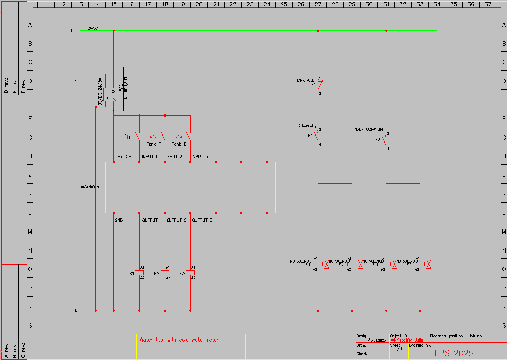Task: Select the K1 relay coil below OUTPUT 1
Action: (140, 273)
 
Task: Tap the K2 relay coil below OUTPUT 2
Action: (165, 273)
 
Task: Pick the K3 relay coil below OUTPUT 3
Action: (190, 273)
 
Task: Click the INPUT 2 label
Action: (174, 157)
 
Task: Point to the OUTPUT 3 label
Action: (202, 220)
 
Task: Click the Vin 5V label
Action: (124, 157)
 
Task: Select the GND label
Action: (118, 220)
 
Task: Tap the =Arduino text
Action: (90, 187)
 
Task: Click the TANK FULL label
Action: (305, 80)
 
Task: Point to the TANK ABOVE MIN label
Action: (369, 130)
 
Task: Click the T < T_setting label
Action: (305, 126)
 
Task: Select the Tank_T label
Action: (154, 144)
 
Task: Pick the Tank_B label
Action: (179, 144)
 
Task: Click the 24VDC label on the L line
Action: (93, 28)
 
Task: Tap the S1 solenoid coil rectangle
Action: (318, 264)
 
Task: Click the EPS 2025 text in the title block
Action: (453, 353)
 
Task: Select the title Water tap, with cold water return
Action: (180, 340)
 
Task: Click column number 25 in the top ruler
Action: (284, 4)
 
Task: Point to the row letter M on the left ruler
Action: (30, 232)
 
